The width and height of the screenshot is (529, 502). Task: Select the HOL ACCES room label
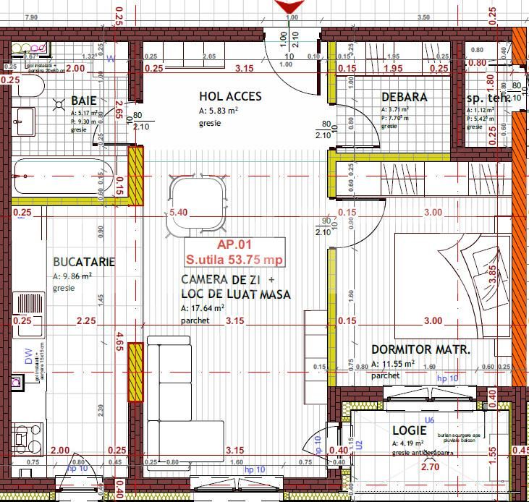coord(230,97)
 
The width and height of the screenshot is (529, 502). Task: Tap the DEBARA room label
coord(404,97)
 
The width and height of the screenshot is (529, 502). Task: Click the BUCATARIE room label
coord(84,263)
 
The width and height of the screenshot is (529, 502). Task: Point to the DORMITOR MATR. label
coord(420,349)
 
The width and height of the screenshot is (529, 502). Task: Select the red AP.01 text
coord(234,245)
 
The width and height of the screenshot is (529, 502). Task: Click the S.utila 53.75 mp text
coord(234,260)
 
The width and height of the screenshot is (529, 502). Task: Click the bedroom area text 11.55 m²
coord(392,364)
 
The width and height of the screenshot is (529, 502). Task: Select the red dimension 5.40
coord(178,213)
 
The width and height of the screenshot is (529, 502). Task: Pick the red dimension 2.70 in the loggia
coord(430,467)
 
